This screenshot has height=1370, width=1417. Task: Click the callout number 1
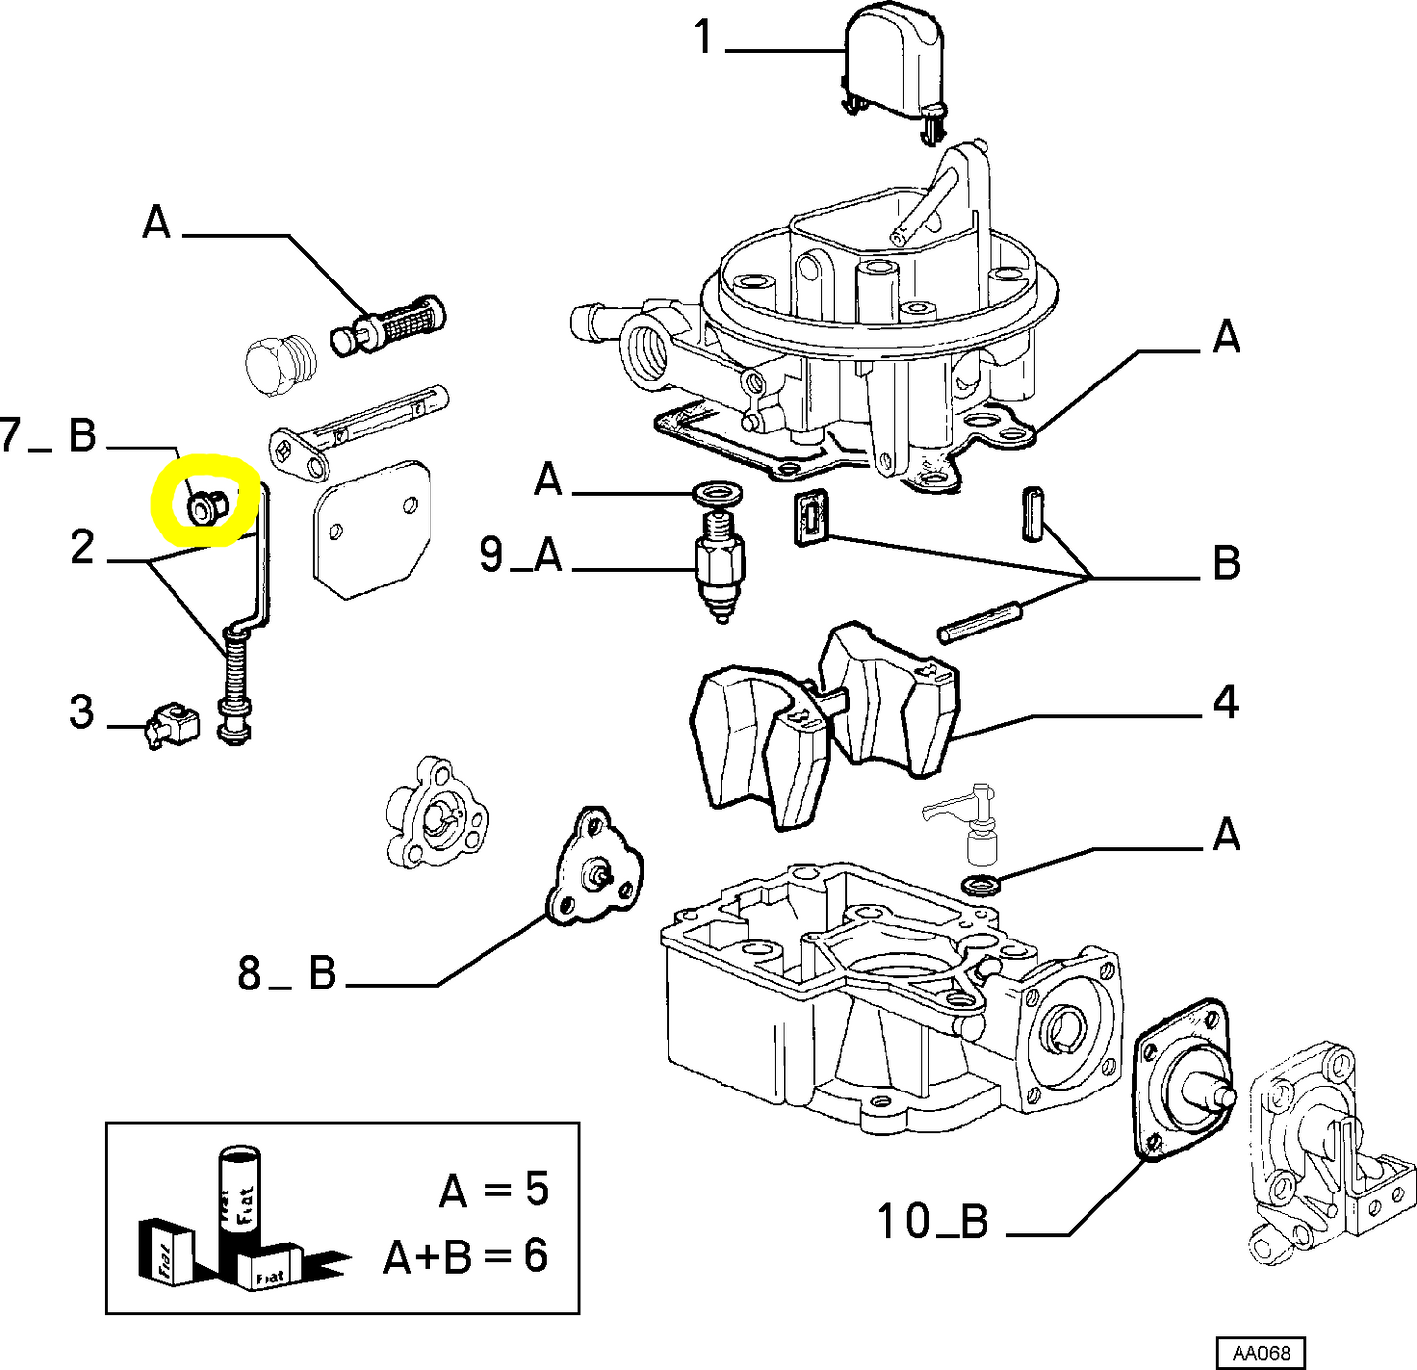point(703,37)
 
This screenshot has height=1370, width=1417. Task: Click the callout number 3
point(82,712)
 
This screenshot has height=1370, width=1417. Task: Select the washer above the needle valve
point(716,491)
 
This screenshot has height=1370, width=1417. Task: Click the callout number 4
point(1226,702)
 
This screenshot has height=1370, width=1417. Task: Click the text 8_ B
point(287,974)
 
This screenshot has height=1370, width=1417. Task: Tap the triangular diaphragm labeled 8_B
point(594,869)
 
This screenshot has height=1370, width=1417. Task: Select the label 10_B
point(932,1222)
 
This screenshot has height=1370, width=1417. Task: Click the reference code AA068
point(1261,1353)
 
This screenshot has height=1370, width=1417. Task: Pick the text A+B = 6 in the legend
point(465,1256)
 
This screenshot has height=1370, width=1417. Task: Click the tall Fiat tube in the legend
point(238,1196)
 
